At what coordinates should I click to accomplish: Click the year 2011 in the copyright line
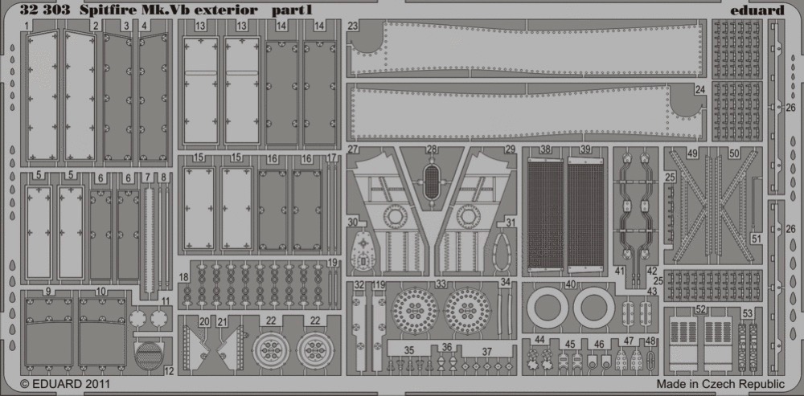pyautogui.click(x=96, y=383)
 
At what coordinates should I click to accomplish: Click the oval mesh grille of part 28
pyautogui.click(x=433, y=182)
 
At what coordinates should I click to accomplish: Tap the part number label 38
pyautogui.click(x=545, y=150)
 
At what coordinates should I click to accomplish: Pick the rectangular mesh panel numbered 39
pyautogui.click(x=585, y=214)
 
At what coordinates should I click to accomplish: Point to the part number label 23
pyautogui.click(x=352, y=26)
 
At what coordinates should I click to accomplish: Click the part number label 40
pyautogui.click(x=571, y=284)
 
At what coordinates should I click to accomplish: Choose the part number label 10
pyautogui.click(x=100, y=292)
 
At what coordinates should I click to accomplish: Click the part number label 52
pyautogui.click(x=701, y=309)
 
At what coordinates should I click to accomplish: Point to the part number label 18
pyautogui.click(x=184, y=277)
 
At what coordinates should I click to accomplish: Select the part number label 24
pyautogui.click(x=700, y=90)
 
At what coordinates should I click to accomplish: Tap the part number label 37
pyautogui.click(x=486, y=351)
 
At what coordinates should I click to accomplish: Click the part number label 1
pyautogui.click(x=25, y=25)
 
